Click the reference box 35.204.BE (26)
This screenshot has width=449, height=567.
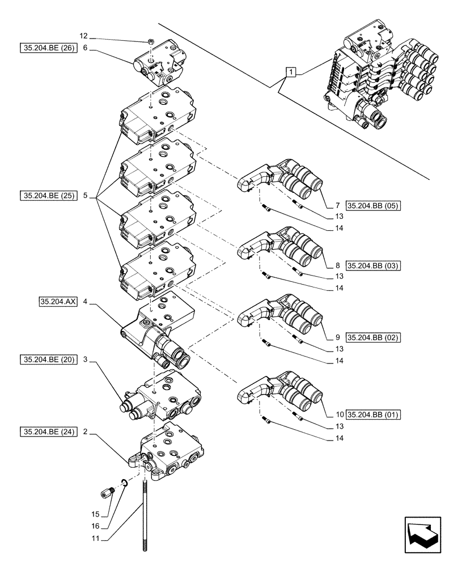coord(47,48)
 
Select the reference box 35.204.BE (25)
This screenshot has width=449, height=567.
coord(47,196)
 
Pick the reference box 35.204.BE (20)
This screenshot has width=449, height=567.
coord(47,359)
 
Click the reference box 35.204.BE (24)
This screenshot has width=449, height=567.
coord(47,433)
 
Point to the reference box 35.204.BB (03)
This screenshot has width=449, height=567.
coord(372,265)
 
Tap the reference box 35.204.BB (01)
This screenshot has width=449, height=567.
coord(372,414)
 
